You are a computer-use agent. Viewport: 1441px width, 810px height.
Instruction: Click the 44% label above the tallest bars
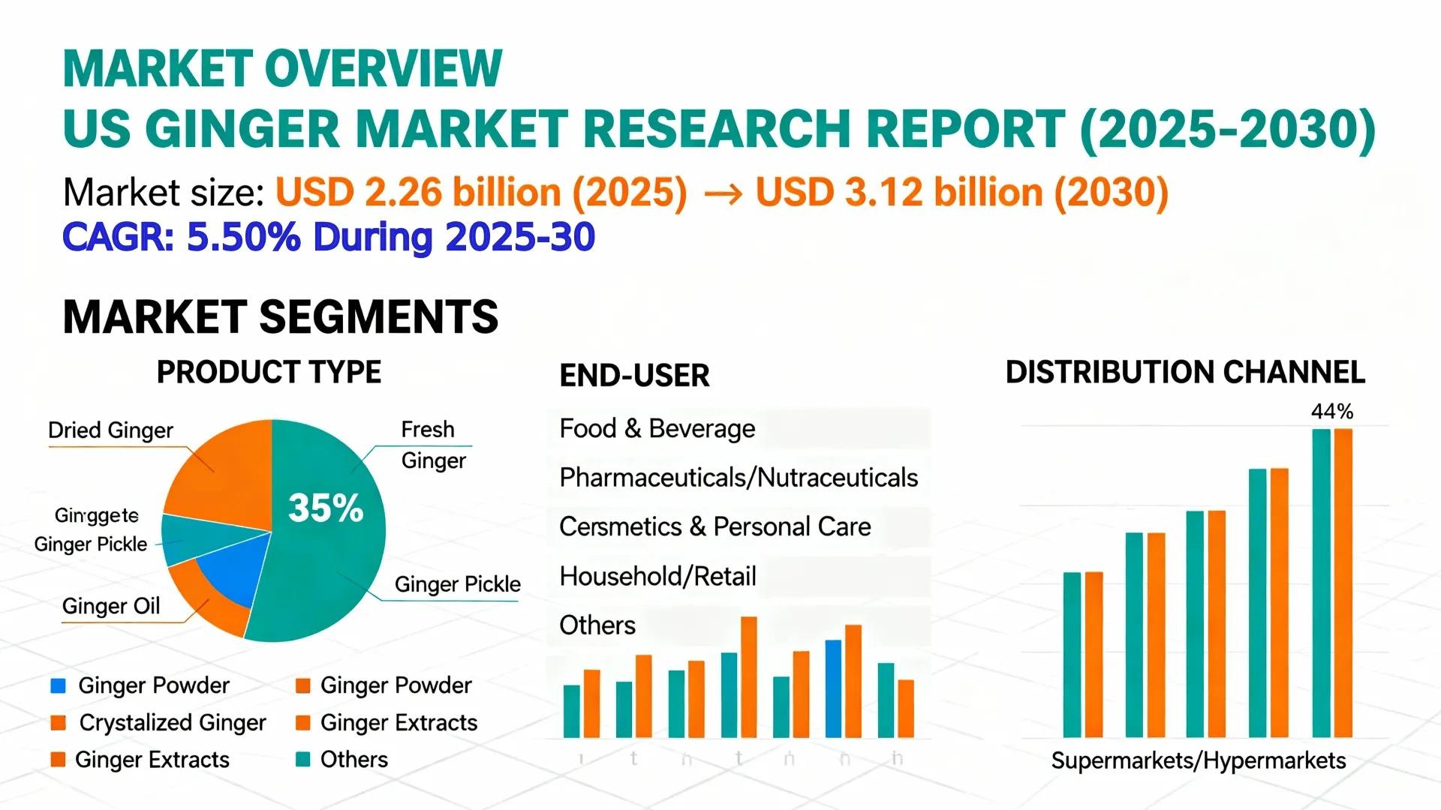[x=1332, y=412]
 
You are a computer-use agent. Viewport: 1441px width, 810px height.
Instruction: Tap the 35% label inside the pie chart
[x=326, y=508]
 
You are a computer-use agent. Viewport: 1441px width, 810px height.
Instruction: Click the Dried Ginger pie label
[x=110, y=430]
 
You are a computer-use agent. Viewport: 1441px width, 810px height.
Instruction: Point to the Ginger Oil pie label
[x=111, y=606]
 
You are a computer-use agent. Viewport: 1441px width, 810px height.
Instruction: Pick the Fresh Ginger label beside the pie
[x=432, y=445]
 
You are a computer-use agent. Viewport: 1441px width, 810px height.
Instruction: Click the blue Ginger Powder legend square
[x=58, y=685]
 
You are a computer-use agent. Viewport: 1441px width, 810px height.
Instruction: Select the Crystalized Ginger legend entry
[x=172, y=723]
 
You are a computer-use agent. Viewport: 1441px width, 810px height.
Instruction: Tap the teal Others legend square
[x=303, y=760]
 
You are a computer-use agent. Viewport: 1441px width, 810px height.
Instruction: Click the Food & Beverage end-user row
[x=657, y=429]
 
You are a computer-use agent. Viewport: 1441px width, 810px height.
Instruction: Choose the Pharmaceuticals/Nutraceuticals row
[x=739, y=478]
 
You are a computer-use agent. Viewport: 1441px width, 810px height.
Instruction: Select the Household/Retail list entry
[x=657, y=577]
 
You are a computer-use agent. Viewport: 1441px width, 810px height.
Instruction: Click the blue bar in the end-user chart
[x=833, y=688]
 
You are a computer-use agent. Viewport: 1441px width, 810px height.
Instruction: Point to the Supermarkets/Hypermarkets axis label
[x=1199, y=761]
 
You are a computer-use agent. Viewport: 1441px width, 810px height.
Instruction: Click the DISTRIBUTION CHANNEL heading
[x=1185, y=373]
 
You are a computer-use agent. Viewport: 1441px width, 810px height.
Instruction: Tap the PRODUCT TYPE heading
[x=269, y=373]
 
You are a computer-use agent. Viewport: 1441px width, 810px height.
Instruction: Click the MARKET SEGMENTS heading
[x=281, y=317]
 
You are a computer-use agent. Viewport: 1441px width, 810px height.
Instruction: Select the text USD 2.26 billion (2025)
[x=481, y=193]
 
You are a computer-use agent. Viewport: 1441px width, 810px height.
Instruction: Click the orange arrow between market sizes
[x=724, y=194]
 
